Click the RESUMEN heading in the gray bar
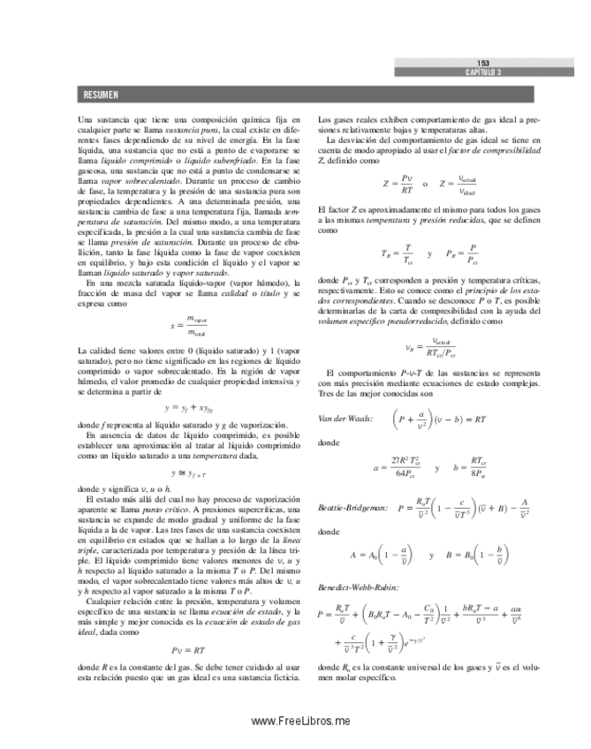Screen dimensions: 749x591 tap(101, 95)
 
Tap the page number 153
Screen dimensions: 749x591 tap(483, 64)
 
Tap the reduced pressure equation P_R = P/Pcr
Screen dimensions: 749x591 tap(463, 253)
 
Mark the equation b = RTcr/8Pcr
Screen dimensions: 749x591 tap(469, 466)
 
